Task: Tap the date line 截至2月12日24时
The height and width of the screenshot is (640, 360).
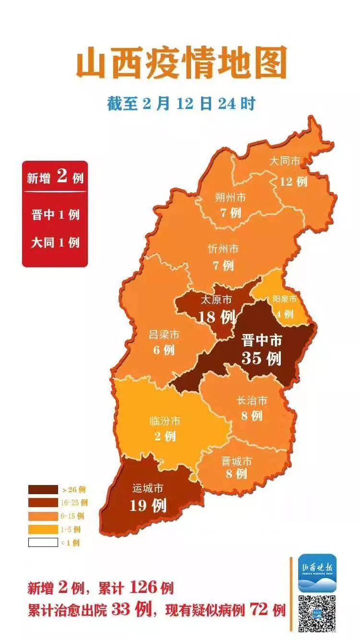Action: [181, 104]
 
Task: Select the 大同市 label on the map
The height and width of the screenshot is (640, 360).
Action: [284, 161]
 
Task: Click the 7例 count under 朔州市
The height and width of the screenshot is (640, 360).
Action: [231, 212]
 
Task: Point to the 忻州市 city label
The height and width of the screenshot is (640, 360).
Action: [223, 249]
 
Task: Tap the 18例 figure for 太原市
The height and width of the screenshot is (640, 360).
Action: [217, 317]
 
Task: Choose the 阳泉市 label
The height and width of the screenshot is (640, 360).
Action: [285, 299]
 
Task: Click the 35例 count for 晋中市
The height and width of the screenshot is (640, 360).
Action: [261, 358]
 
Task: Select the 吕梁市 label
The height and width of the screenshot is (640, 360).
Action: [164, 334]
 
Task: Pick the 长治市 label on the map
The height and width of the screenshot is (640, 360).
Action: [252, 400]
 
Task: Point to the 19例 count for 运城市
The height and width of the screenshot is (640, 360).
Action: [148, 505]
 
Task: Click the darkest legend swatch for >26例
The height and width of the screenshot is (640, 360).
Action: [42, 490]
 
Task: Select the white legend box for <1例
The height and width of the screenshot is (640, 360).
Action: [42, 543]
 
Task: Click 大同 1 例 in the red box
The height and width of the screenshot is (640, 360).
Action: [55, 242]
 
